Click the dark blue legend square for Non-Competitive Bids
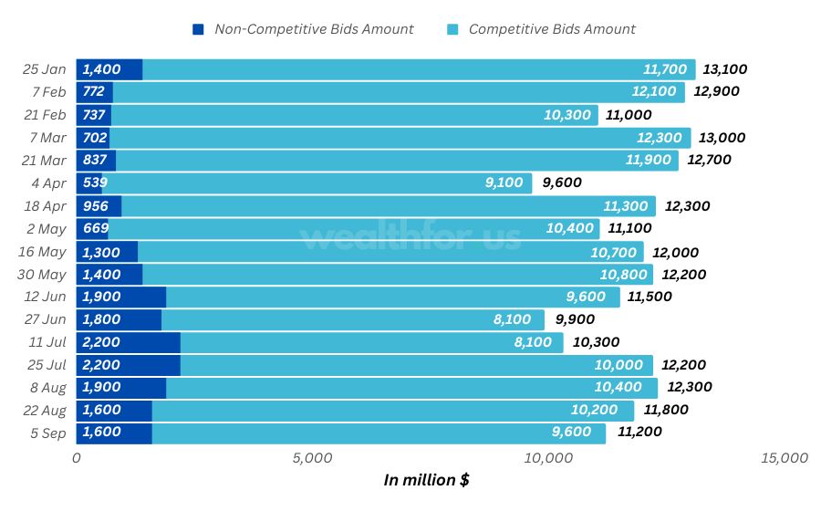199,29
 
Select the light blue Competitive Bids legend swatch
453,29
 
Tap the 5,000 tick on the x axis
311,458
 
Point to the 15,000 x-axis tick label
784,458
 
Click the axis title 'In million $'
426,480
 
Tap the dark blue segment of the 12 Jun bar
120,297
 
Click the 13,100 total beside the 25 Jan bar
725,69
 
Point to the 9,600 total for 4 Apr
562,182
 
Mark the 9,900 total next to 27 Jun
574,319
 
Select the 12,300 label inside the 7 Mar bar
659,138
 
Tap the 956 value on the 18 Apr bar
97,205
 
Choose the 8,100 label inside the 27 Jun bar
512,319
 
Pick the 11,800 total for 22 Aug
666,410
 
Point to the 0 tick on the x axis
77,458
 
